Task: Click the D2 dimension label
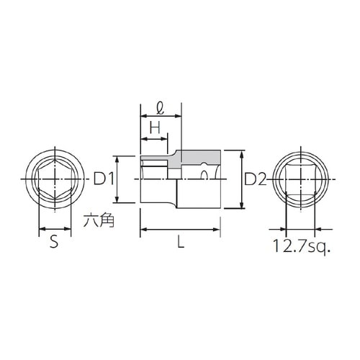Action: (253, 179)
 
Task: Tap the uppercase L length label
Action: (181, 243)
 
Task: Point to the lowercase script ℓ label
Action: (161, 109)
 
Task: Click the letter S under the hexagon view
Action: (54, 243)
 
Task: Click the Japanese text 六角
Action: (98, 221)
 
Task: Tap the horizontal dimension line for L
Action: (180, 230)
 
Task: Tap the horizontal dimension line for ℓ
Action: (160, 118)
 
